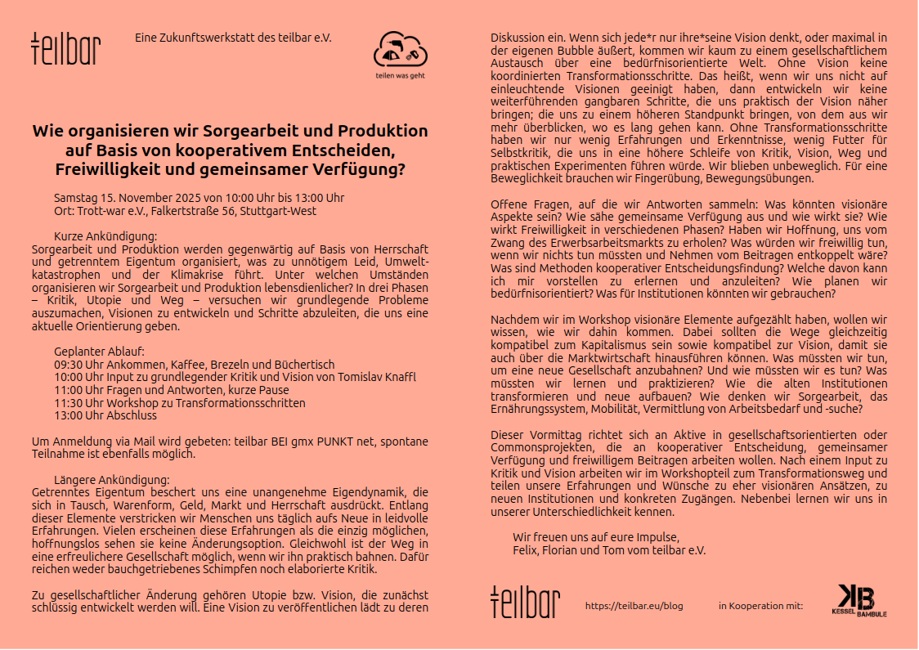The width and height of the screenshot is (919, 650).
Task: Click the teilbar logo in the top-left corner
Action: [x=65, y=49]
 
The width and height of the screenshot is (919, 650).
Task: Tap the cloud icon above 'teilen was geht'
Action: [x=400, y=51]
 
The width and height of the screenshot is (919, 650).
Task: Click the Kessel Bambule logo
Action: [x=858, y=600]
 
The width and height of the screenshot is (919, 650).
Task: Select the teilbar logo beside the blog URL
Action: [x=525, y=602]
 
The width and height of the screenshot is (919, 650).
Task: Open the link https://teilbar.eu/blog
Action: [x=634, y=606]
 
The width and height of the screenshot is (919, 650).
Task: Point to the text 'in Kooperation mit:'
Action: [x=760, y=606]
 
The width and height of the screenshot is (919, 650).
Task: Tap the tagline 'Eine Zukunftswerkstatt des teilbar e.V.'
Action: [x=233, y=38]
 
